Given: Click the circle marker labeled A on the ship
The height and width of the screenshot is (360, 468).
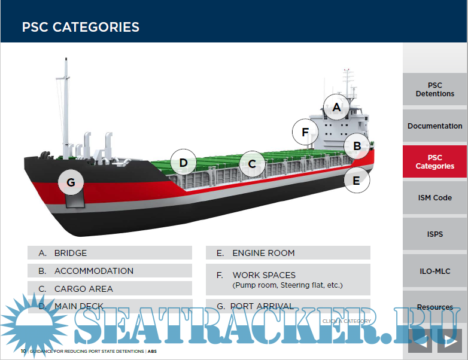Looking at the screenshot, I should click(336, 108).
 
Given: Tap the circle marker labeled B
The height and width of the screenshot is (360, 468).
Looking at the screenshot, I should click(357, 145).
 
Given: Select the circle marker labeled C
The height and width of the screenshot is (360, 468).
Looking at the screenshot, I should click(252, 163).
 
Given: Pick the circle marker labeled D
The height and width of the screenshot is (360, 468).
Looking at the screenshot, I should click(183, 163).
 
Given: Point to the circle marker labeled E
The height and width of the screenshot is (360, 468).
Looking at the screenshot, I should click(357, 179).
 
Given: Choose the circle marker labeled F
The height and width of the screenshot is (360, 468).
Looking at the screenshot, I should click(305, 132).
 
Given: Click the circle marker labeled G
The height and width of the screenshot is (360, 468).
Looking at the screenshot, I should click(71, 183).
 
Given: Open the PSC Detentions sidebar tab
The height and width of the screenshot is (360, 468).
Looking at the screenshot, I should click(435, 90).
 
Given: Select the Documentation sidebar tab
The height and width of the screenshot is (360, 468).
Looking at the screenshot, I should click(435, 126).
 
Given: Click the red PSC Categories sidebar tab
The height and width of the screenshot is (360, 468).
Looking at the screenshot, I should click(435, 162).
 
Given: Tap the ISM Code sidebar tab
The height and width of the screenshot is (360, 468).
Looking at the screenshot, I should click(435, 198).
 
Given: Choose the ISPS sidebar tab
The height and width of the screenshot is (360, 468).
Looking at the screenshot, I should click(435, 234).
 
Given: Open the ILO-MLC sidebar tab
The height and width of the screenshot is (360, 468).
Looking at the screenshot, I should click(435, 271).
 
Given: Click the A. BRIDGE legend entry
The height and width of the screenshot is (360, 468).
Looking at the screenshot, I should click(110, 253).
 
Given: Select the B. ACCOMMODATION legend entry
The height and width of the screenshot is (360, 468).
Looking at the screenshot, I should click(110, 271).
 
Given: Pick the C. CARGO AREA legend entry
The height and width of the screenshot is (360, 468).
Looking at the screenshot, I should click(110, 289).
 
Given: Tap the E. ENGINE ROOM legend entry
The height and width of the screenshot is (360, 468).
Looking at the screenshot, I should click(288, 253).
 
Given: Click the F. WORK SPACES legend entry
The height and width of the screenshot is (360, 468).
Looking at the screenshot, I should click(288, 279).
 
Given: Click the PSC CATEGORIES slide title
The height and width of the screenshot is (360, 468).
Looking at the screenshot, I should click(81, 27).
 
